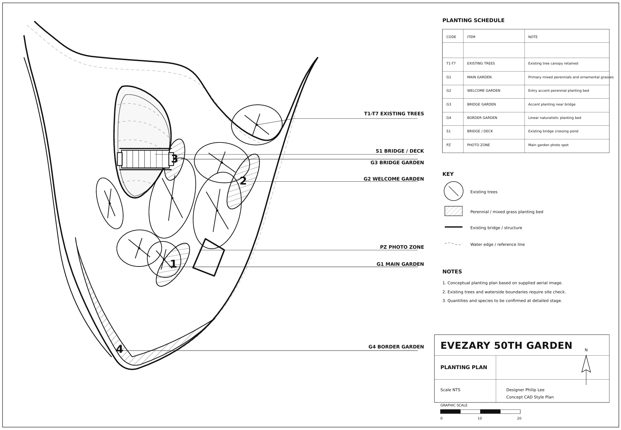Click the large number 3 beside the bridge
(x=174, y=159)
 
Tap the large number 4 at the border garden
(x=119, y=349)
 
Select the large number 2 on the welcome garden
(x=243, y=181)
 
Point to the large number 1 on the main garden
(x=173, y=264)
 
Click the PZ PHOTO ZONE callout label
(x=402, y=247)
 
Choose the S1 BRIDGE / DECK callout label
(x=400, y=151)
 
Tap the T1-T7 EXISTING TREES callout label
(x=394, y=113)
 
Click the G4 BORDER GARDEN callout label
(x=396, y=347)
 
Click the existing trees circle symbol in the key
(x=453, y=191)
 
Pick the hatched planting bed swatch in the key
(x=453, y=211)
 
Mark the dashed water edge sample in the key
(x=453, y=244)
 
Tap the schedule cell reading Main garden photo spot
(x=548, y=145)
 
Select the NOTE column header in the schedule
(x=532, y=37)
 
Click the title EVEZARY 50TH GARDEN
(x=506, y=346)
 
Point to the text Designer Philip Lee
(x=525, y=390)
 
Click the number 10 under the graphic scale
(x=479, y=418)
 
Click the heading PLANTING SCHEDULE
(x=473, y=21)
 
